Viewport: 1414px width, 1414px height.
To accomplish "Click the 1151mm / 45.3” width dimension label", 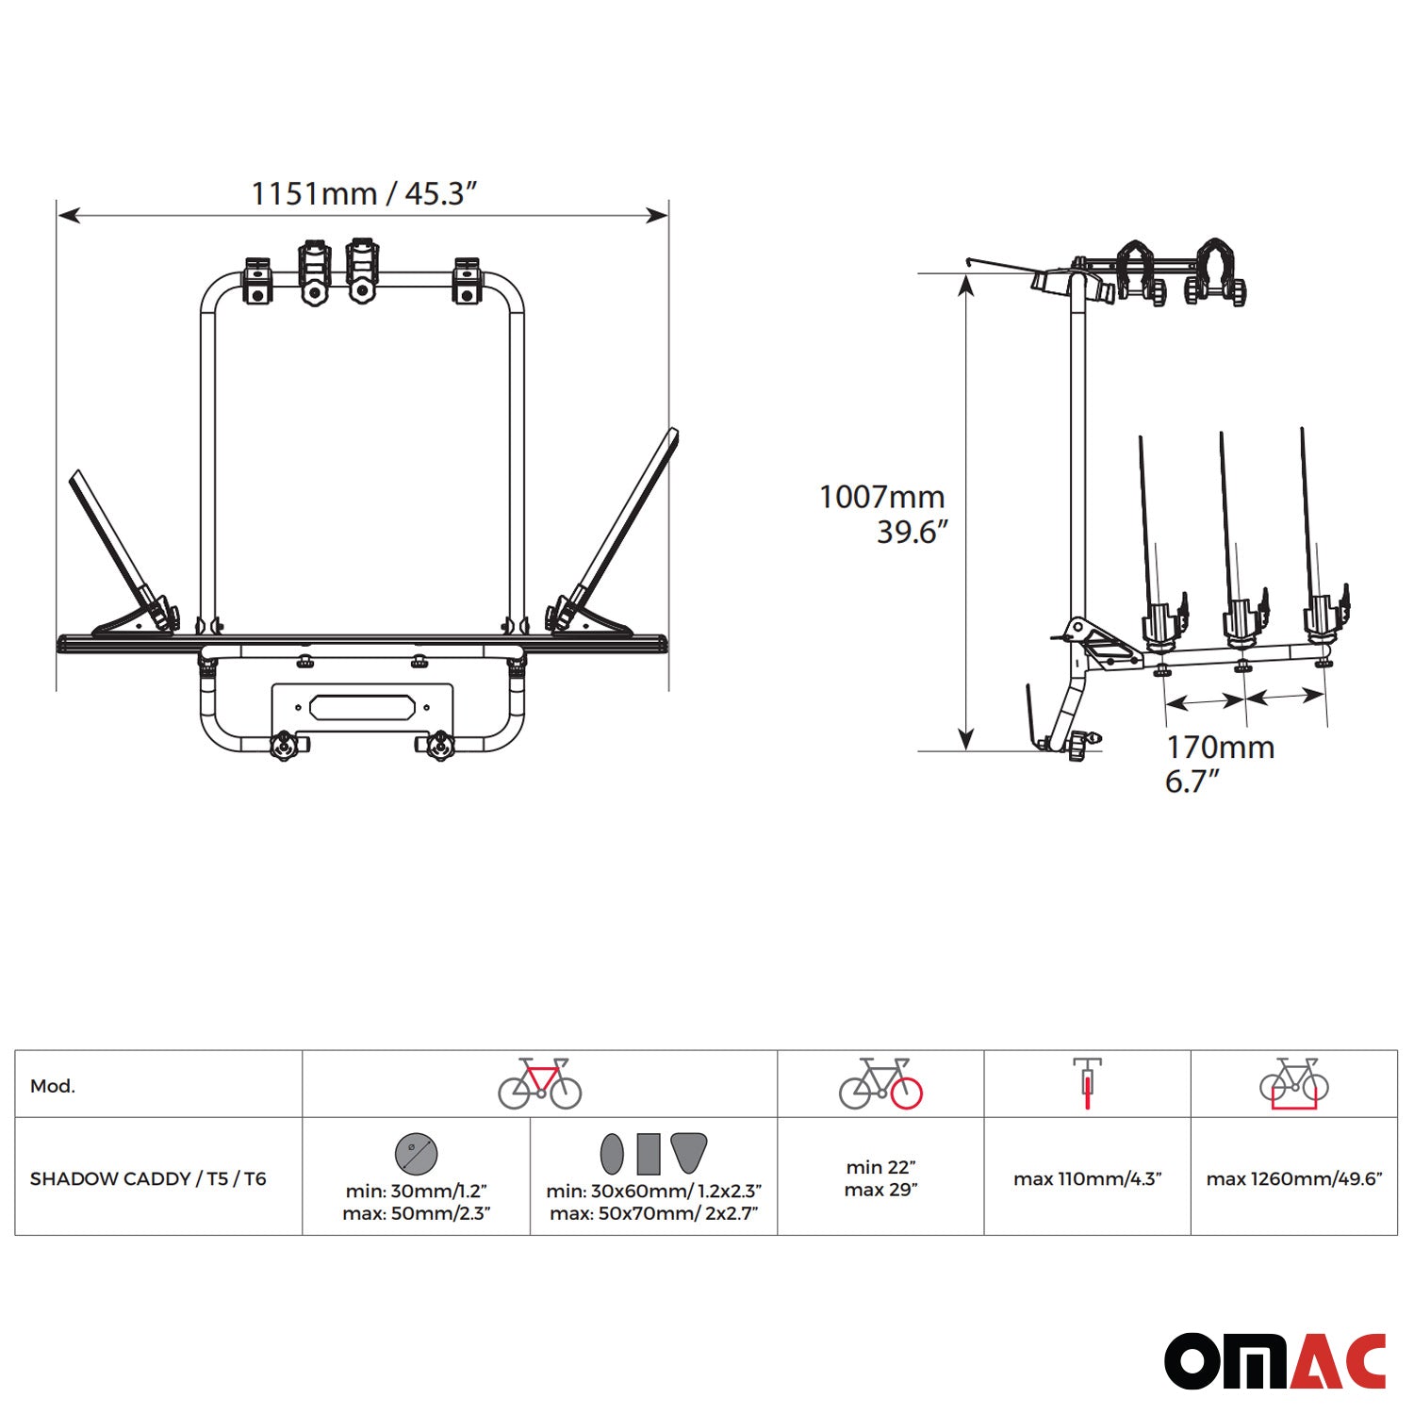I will pos(364,193).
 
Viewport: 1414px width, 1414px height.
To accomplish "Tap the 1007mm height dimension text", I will pos(881,497).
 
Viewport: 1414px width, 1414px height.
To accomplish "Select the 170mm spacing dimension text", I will pos(1220,748).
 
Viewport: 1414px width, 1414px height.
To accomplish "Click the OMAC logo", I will pos(1274,1360).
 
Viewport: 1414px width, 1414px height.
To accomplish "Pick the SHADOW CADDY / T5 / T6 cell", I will pos(148,1178).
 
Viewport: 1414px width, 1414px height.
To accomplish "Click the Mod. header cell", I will pos(53,1086).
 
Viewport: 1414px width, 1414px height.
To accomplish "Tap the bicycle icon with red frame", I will pos(539,1083).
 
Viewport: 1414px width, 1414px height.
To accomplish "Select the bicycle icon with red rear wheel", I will pos(880,1083).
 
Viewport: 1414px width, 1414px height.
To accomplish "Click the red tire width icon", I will pos(1087,1083).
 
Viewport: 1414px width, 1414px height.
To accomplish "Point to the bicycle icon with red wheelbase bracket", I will pos(1293,1084).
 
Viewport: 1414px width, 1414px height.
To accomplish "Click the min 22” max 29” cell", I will pos(880,1178).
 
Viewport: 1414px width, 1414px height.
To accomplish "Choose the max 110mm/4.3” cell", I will pos(1087,1178).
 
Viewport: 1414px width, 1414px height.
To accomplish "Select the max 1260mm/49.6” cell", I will pos(1293,1178).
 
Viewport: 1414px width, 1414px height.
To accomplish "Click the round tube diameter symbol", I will pos(416,1153).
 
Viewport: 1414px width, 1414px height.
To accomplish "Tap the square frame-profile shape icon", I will pos(649,1154).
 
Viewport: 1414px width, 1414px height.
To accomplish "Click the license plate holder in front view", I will pos(363,708).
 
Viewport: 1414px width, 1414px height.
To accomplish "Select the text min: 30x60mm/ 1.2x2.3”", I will pos(653,1192).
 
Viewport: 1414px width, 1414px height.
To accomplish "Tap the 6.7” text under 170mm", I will pos(1192,781).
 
